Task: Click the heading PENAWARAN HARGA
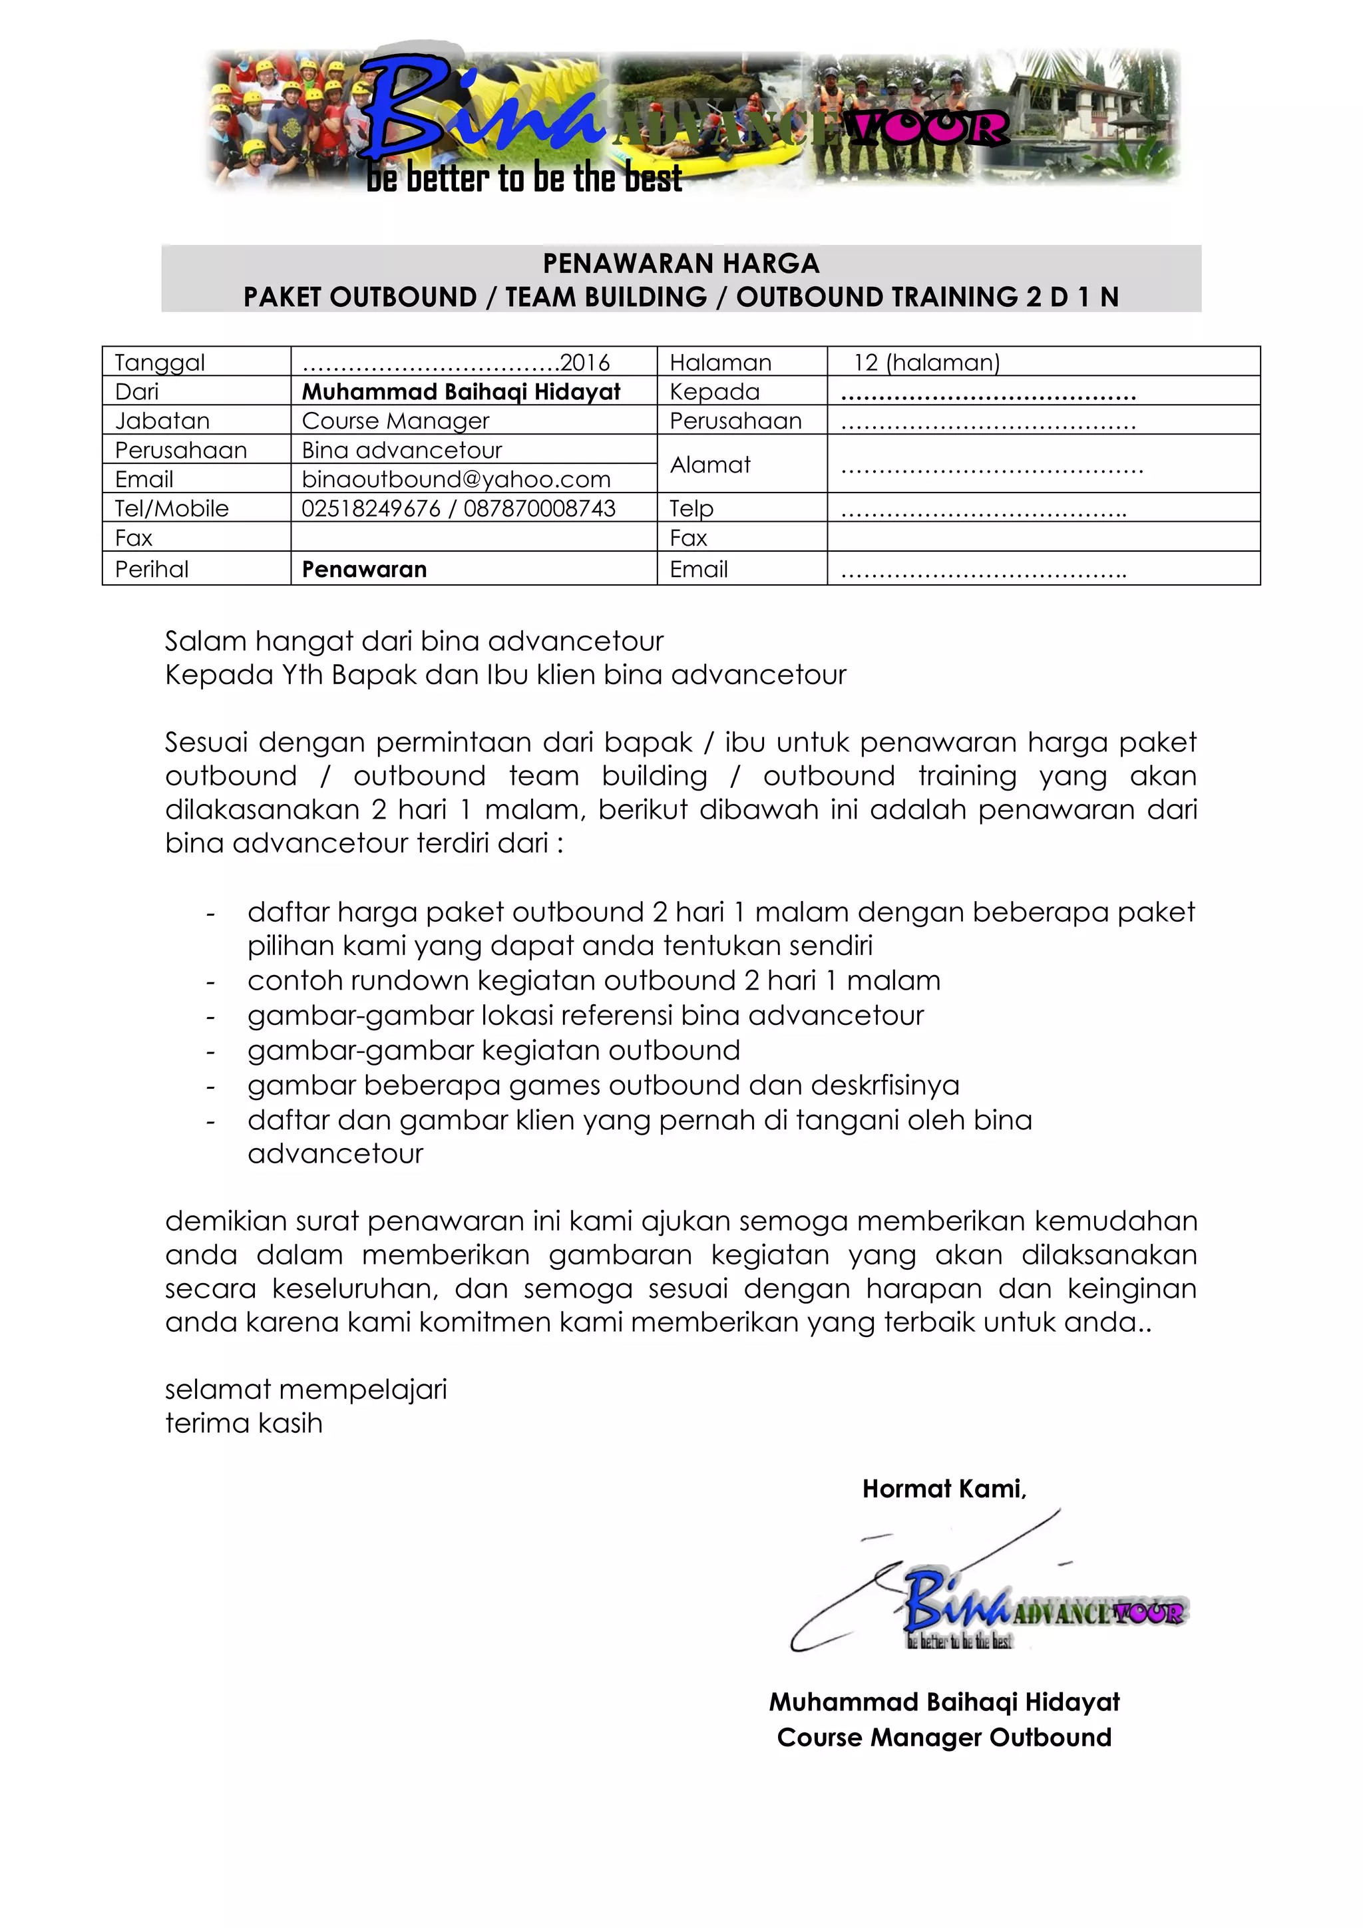[x=680, y=264]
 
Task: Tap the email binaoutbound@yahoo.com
[x=456, y=479]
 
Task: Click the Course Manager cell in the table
[x=395, y=421]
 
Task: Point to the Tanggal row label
[x=160, y=362]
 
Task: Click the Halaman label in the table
[x=719, y=362]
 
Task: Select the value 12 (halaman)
[x=926, y=362]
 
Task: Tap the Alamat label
[x=709, y=465]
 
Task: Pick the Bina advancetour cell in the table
[x=401, y=450]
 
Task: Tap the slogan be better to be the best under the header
[x=523, y=179]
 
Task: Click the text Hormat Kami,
[x=944, y=1489]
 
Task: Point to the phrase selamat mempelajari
[x=305, y=1389]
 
